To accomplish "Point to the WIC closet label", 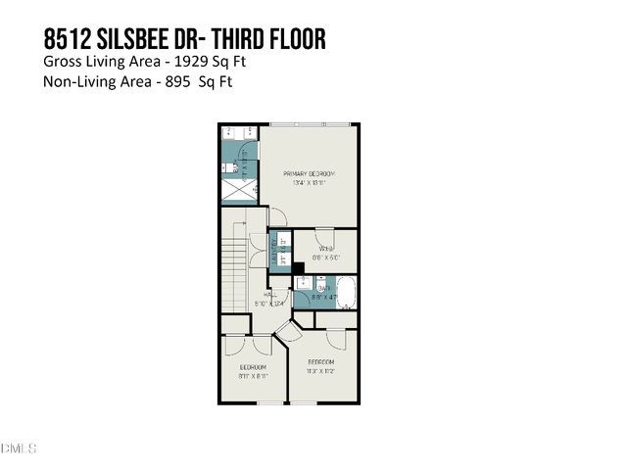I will pos(325,249).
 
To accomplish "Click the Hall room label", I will pos(270,293).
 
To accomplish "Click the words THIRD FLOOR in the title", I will pos(268,39).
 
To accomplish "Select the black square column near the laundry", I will pos(299,268).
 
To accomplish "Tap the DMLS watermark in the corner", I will pos(19,448).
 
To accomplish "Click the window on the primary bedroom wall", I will pos(309,124).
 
